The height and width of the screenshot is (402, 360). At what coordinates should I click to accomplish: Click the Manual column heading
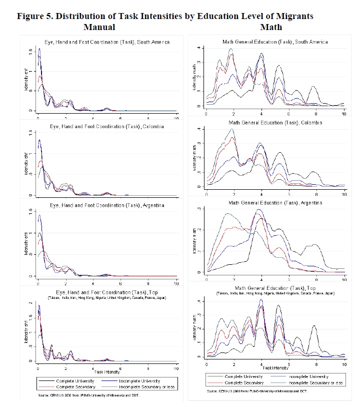(99, 27)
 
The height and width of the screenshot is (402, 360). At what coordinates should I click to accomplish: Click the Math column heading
(270, 27)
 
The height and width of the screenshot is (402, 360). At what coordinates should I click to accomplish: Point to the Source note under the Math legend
(255, 390)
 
